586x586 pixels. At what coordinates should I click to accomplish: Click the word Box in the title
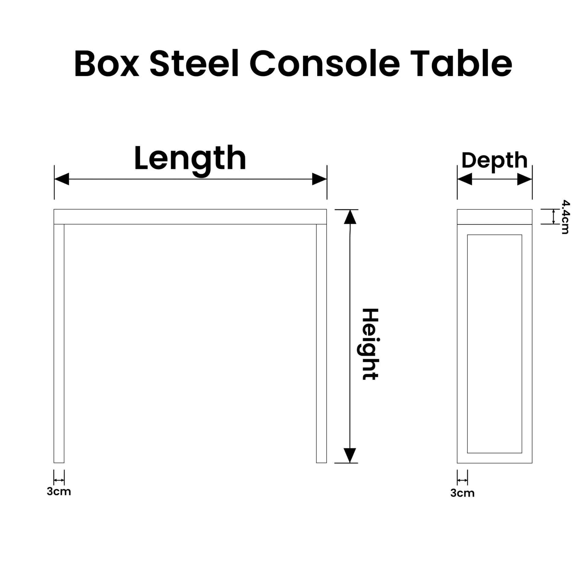tap(107, 64)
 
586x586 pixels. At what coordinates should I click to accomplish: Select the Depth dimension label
tap(494, 161)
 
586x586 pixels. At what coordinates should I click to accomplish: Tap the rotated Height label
tap(370, 344)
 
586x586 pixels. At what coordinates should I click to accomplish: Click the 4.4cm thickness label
tap(565, 217)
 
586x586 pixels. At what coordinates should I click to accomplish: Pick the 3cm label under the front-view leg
tap(59, 491)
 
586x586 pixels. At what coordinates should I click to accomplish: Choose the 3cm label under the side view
tap(462, 493)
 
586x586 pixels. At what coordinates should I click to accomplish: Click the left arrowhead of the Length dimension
tap(62, 179)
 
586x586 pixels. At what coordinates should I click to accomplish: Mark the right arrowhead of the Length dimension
tap(319, 179)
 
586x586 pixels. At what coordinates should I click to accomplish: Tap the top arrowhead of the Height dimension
tap(350, 217)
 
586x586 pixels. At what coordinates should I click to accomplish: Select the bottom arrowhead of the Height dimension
tap(350, 455)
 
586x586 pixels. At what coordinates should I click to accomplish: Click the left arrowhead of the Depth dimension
tap(465, 179)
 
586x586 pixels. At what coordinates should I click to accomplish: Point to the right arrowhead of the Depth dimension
tap(525, 179)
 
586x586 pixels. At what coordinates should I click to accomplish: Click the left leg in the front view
tap(59, 343)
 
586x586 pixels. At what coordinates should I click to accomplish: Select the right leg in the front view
tap(321, 343)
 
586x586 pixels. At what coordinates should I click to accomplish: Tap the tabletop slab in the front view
tap(190, 217)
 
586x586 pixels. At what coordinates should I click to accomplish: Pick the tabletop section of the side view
tap(494, 217)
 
